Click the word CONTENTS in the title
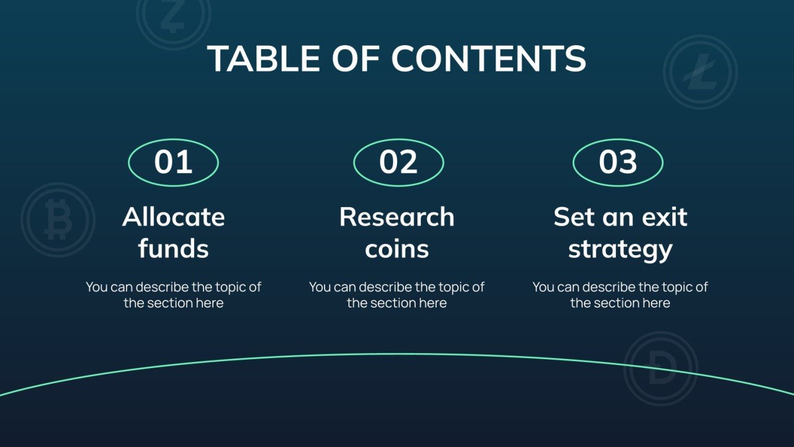(x=489, y=58)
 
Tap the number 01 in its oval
(x=173, y=162)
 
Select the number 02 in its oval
(x=398, y=162)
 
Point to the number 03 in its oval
(x=618, y=162)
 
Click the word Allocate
(x=173, y=217)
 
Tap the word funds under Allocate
(x=173, y=249)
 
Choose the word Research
(x=396, y=217)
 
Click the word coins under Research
(x=396, y=249)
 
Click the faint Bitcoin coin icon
(x=58, y=220)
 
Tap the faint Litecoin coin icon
(x=700, y=72)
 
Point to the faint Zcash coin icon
(x=173, y=17)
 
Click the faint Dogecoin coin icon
(x=661, y=368)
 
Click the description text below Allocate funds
(x=173, y=295)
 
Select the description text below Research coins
(x=396, y=295)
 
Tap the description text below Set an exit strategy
(x=620, y=295)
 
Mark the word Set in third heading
(x=573, y=217)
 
